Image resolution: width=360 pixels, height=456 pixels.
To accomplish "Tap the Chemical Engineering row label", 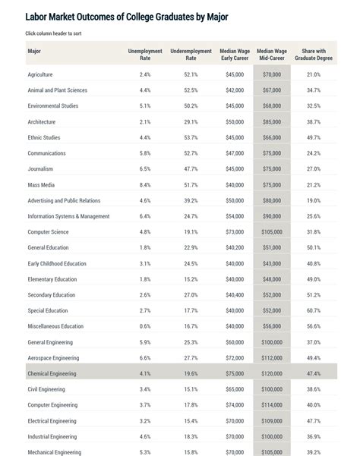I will [53, 373].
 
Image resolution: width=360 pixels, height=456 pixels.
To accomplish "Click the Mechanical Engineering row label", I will [55, 452].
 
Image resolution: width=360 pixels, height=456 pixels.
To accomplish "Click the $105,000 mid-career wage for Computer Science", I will [272, 232].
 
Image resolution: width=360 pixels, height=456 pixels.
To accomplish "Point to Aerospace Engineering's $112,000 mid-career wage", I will [272, 358].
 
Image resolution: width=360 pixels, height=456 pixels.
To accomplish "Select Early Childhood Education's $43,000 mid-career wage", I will [272, 263].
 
